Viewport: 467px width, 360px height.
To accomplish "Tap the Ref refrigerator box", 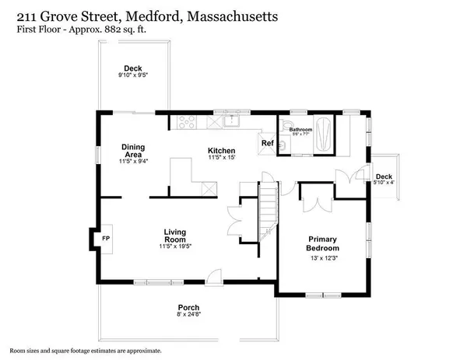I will point(267,144).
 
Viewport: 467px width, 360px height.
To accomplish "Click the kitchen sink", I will point(231,121).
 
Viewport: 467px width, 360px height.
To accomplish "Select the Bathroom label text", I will point(301,130).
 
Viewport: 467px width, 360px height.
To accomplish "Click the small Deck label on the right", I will point(383,177).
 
